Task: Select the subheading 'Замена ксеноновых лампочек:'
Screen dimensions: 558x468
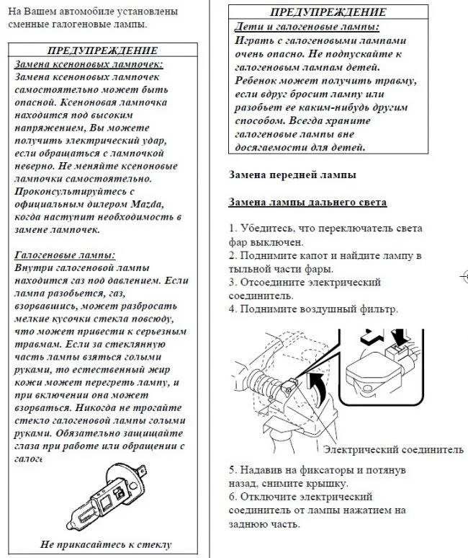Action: tap(89, 63)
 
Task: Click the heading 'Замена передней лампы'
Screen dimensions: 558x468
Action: tap(292, 174)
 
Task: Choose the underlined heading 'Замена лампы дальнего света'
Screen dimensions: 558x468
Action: tap(307, 203)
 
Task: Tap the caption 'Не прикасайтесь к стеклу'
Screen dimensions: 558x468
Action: tap(106, 544)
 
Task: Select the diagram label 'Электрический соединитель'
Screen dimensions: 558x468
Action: tap(393, 450)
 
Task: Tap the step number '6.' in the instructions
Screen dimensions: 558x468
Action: tap(233, 497)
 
